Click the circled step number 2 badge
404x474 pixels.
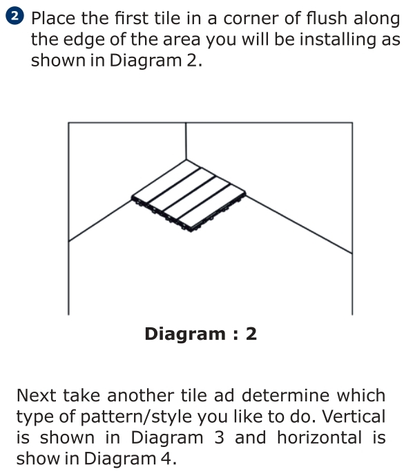click(15, 16)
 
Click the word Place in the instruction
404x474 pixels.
click(53, 19)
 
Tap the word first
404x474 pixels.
click(131, 18)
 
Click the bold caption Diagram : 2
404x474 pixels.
click(201, 334)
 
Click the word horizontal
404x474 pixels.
click(319, 437)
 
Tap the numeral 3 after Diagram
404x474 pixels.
click(220, 437)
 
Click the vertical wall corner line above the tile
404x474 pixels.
click(186, 141)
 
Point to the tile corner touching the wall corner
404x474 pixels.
click(186, 160)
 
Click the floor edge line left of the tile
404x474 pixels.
click(100, 220)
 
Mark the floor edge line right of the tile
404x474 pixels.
click(299, 225)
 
